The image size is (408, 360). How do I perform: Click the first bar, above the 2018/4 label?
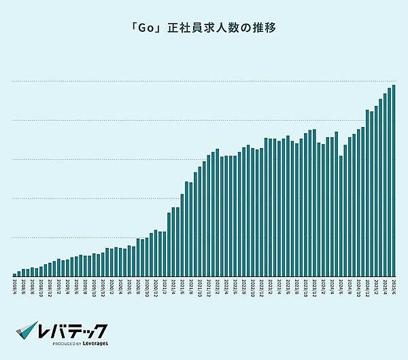(15, 274)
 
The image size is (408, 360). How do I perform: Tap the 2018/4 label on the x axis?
(15, 285)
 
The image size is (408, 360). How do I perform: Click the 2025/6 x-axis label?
(394, 285)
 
